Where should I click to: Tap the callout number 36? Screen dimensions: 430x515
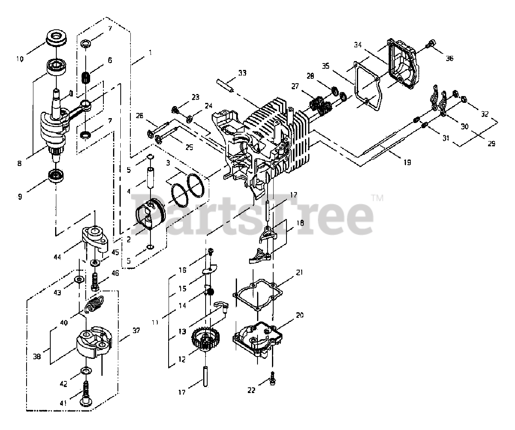[449, 58]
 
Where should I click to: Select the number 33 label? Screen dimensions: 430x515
[242, 73]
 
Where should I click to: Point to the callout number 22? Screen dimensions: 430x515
[251, 390]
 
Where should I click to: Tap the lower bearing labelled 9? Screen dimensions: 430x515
[54, 176]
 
